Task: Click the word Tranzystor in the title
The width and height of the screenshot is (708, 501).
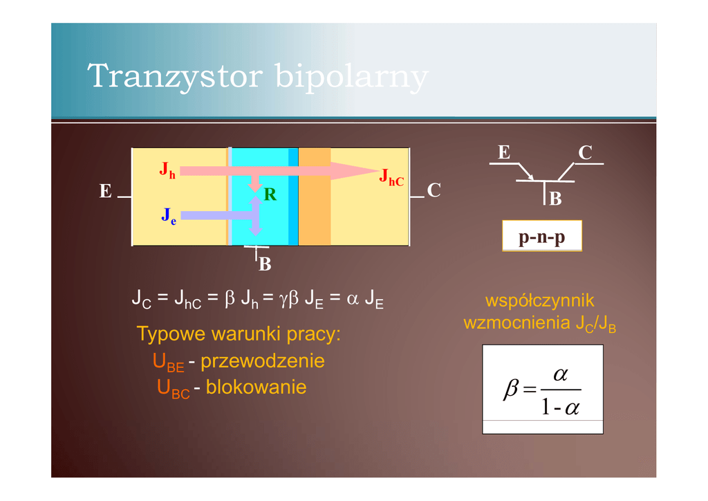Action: pyautogui.click(x=176, y=76)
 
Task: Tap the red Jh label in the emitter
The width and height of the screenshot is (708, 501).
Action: pyautogui.click(x=167, y=170)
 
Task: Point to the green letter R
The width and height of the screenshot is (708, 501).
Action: pyautogui.click(x=270, y=196)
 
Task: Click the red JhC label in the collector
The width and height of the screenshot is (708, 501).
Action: pyautogui.click(x=391, y=177)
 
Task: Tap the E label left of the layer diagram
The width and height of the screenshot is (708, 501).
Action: pyautogui.click(x=105, y=191)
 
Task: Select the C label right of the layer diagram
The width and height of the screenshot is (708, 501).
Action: pyautogui.click(x=434, y=190)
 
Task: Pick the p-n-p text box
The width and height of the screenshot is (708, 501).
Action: pyautogui.click(x=542, y=236)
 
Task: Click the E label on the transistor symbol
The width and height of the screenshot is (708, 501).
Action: pyautogui.click(x=504, y=153)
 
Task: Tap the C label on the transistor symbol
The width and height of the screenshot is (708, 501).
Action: pyautogui.click(x=585, y=154)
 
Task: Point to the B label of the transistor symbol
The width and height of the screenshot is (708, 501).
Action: pyautogui.click(x=555, y=199)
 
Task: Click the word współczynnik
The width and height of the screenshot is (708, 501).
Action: pyautogui.click(x=539, y=301)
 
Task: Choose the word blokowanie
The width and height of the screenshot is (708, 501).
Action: pyautogui.click(x=256, y=387)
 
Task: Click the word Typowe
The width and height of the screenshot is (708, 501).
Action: pyautogui.click(x=171, y=334)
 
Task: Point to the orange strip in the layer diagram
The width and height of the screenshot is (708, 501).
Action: pyautogui.click(x=314, y=197)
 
